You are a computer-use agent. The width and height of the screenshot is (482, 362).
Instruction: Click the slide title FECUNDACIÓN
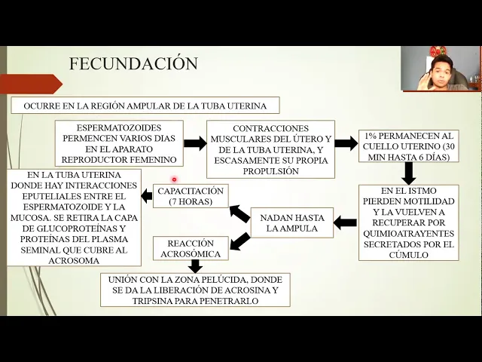coord(133,64)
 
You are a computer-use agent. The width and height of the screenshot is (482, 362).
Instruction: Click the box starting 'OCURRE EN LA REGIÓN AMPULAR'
coord(145,105)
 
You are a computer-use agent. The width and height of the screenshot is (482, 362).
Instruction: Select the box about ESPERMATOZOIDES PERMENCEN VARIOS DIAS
coord(119,143)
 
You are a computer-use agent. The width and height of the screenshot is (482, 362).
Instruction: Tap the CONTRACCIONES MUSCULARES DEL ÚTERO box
coord(271,150)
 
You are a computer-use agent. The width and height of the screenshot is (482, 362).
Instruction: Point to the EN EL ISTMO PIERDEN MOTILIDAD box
coord(407,223)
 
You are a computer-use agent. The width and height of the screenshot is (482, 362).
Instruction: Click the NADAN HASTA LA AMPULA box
coord(291,223)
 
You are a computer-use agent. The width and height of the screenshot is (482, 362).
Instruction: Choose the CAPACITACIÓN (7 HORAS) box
coord(191,196)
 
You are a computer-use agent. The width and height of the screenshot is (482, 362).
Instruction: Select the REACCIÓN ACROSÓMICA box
coord(191,248)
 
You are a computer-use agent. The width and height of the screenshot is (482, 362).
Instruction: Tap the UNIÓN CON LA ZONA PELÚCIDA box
coord(195,290)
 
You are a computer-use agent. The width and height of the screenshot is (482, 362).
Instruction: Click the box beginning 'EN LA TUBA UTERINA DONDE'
coord(73,218)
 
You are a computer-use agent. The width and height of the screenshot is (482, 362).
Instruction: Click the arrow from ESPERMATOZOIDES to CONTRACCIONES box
coord(195,143)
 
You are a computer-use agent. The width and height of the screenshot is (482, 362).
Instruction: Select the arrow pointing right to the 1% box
coord(346,143)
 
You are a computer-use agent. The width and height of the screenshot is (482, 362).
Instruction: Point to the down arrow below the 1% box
coord(409,173)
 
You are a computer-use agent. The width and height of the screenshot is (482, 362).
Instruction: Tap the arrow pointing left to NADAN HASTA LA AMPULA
coord(346,222)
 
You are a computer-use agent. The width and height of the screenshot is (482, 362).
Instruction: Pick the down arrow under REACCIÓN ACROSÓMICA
coord(195,265)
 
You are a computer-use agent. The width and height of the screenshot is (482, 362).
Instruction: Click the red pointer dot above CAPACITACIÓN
coord(174,179)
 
